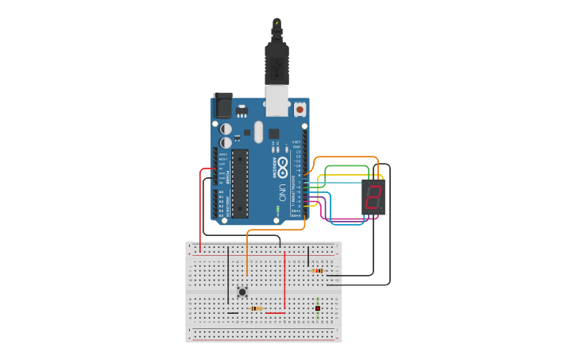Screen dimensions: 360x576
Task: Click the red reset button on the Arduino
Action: point(300,109)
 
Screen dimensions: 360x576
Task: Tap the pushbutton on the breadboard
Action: point(242,292)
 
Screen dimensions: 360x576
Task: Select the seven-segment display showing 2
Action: point(373,196)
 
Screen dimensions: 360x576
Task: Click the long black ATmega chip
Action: point(239,182)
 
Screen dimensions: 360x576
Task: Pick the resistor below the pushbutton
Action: point(256,308)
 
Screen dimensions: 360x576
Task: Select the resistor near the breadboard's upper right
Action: point(318,271)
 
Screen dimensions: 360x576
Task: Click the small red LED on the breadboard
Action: point(318,308)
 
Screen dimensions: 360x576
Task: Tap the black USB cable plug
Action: point(276,64)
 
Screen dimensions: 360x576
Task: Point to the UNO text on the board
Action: point(280,192)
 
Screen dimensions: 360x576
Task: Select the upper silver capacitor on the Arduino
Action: point(226,128)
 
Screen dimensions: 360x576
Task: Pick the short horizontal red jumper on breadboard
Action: point(275,312)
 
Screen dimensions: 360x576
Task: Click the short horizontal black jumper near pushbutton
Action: point(232,312)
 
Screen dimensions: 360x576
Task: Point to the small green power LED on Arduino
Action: point(277,210)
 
